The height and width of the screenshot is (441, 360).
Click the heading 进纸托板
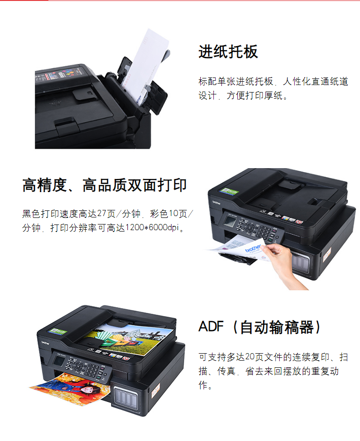point(228,52)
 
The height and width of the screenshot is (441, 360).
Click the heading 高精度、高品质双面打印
point(104,185)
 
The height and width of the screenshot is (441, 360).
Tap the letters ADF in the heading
point(211,326)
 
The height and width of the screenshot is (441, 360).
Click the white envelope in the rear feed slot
point(146,64)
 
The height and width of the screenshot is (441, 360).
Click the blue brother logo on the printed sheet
point(253,248)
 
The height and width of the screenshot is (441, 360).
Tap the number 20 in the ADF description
point(250,357)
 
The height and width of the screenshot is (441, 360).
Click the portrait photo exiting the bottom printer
point(70,388)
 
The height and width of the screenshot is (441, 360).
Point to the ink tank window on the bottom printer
point(125,396)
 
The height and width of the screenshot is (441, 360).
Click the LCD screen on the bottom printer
point(59,361)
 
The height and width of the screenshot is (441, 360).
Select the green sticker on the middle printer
point(229,191)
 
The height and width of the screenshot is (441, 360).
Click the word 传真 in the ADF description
point(227,371)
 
